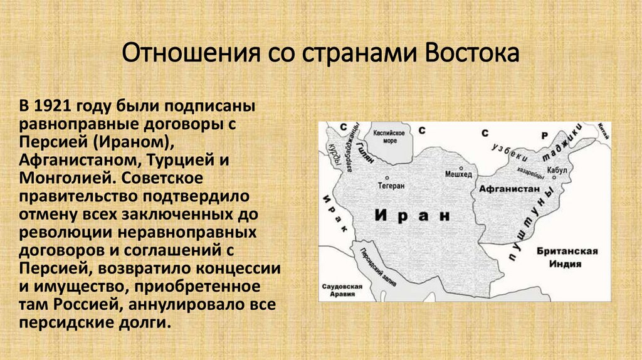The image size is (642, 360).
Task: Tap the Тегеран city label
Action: pyautogui.click(x=392, y=186)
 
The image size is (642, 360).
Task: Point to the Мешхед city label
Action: pyautogui.click(x=458, y=174)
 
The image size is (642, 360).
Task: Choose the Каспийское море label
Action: pyautogui.click(x=389, y=137)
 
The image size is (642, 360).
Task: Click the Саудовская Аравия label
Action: pyautogui.click(x=342, y=290)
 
